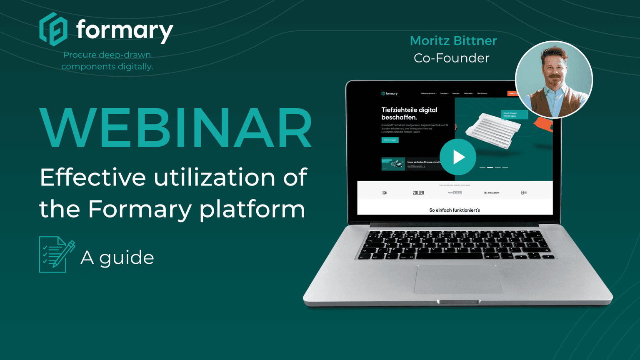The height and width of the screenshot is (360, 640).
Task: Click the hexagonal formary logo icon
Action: [53, 29]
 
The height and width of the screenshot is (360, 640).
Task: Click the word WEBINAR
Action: [176, 128]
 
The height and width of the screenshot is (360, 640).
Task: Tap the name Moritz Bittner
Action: [453, 41]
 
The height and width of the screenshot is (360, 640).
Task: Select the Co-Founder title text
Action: [451, 58]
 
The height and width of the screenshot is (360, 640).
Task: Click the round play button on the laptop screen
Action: [458, 157]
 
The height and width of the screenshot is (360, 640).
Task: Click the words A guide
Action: [117, 257]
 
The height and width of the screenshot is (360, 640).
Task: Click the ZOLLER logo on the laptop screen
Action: [418, 193]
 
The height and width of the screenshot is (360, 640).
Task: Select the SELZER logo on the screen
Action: [492, 193]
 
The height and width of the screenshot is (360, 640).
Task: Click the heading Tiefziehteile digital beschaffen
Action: [409, 113]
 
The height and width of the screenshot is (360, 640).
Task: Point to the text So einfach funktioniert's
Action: [455, 210]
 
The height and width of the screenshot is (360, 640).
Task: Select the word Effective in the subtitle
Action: [92, 177]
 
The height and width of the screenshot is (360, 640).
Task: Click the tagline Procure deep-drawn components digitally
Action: [107, 61]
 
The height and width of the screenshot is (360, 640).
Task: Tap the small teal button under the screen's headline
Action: [390, 140]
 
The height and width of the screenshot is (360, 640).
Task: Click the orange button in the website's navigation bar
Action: [512, 93]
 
